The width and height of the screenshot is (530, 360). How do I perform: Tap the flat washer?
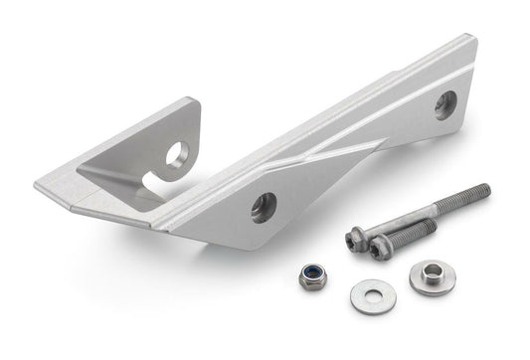tap(372, 295)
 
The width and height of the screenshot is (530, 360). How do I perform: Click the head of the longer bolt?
tap(356, 239)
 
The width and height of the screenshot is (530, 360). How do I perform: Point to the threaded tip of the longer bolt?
tap(481, 190)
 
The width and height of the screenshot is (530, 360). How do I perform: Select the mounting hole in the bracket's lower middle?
tap(264, 206)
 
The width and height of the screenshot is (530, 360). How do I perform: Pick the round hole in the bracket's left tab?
tap(177, 153)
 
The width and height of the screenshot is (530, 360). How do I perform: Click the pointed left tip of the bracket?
tap(37, 187)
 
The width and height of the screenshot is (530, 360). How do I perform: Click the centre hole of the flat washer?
tap(372, 294)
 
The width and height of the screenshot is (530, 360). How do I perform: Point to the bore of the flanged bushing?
tap(433, 271)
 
